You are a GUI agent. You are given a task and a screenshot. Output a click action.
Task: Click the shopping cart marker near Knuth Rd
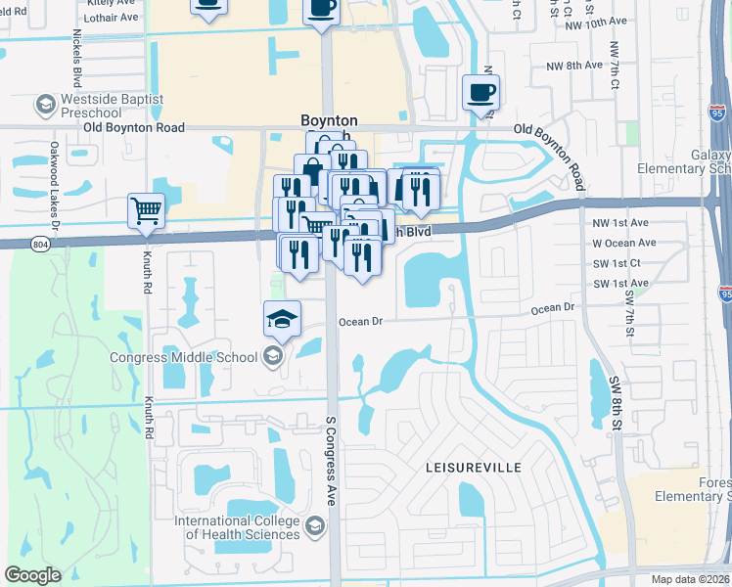point(146,209)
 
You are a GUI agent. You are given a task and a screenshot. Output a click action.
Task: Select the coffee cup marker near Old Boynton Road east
point(480,93)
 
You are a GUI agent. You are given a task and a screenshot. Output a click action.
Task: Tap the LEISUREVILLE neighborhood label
point(473,469)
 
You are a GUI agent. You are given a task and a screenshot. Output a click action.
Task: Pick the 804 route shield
point(39,243)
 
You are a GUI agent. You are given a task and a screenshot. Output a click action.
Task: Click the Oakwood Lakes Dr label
point(56,206)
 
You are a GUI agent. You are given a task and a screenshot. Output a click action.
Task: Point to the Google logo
point(33,575)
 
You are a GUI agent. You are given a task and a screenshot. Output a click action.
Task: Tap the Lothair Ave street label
point(112,18)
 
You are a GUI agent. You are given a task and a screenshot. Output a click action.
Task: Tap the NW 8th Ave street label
point(572,65)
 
